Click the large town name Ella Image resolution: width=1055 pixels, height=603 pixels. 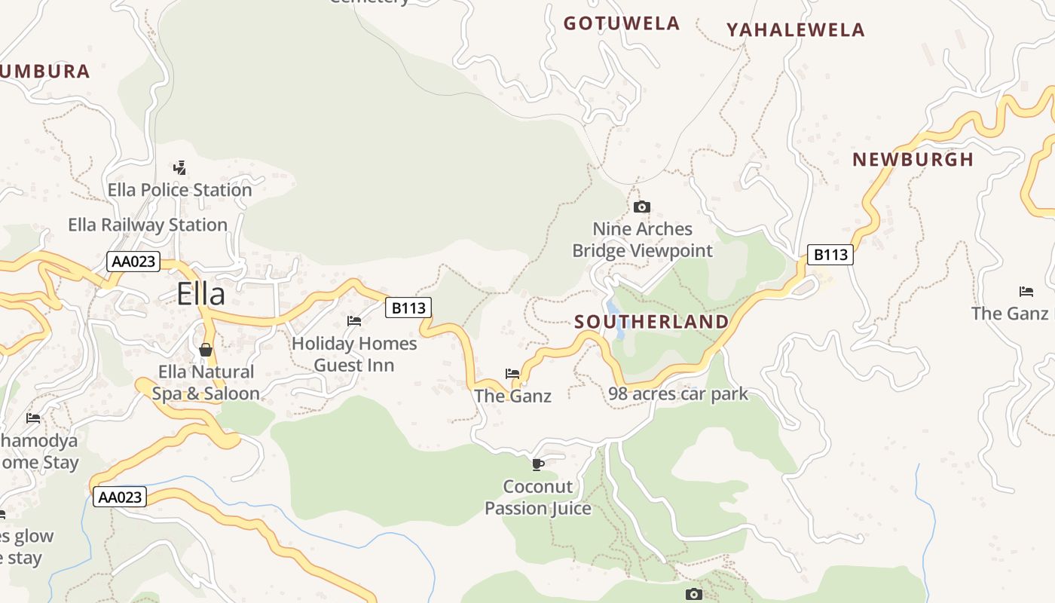coord(200,293)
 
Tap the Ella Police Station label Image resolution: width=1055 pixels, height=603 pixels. coord(179,190)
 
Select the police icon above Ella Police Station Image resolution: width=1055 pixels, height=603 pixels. coord(179,167)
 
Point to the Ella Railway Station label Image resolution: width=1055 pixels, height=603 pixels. coord(148,225)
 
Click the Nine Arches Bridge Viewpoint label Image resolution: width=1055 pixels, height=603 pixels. coord(642,240)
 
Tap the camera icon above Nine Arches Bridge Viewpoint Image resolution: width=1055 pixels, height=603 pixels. coord(642,207)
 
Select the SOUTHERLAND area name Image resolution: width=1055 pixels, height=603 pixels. coord(651,322)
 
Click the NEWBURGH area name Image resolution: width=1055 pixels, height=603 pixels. coord(913,160)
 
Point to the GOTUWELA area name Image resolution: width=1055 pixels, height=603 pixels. coord(622,23)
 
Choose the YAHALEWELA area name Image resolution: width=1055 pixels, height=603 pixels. coord(795,30)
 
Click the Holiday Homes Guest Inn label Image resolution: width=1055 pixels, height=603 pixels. coord(354,354)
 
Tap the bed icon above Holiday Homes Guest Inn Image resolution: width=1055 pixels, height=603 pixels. coord(354,321)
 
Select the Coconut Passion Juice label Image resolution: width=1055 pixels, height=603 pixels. coord(538,497)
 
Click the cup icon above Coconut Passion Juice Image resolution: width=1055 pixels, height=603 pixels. coord(538,464)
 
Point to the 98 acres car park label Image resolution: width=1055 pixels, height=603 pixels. coord(678,393)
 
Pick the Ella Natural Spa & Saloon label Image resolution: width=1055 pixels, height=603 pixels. coord(206,383)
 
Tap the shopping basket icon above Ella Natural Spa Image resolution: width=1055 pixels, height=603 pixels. coord(206,350)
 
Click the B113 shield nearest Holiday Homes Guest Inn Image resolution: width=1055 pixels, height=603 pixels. coord(408,308)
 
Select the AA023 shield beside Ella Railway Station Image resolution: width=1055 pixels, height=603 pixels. coord(134,262)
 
